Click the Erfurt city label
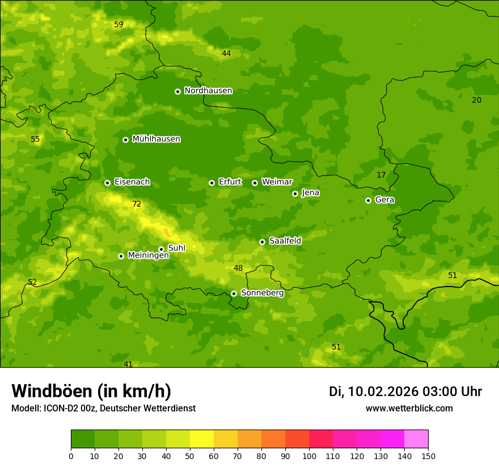click(x=230, y=182)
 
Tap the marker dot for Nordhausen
click(x=177, y=91)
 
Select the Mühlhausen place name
click(x=156, y=139)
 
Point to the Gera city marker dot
click(x=368, y=200)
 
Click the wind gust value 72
click(x=137, y=204)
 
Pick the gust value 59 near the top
click(x=119, y=24)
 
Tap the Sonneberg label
click(x=262, y=293)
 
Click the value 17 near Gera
click(x=381, y=175)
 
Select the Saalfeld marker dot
click(x=262, y=242)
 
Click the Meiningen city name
click(x=148, y=255)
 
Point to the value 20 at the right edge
click(x=477, y=100)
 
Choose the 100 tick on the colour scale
click(x=309, y=456)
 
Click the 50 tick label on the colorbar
click(x=190, y=456)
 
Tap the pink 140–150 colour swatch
click(x=416, y=439)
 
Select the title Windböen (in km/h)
click(x=91, y=391)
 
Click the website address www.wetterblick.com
click(x=409, y=408)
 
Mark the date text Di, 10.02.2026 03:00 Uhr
click(x=405, y=392)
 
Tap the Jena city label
click(x=310, y=193)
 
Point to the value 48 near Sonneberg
click(x=238, y=268)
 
